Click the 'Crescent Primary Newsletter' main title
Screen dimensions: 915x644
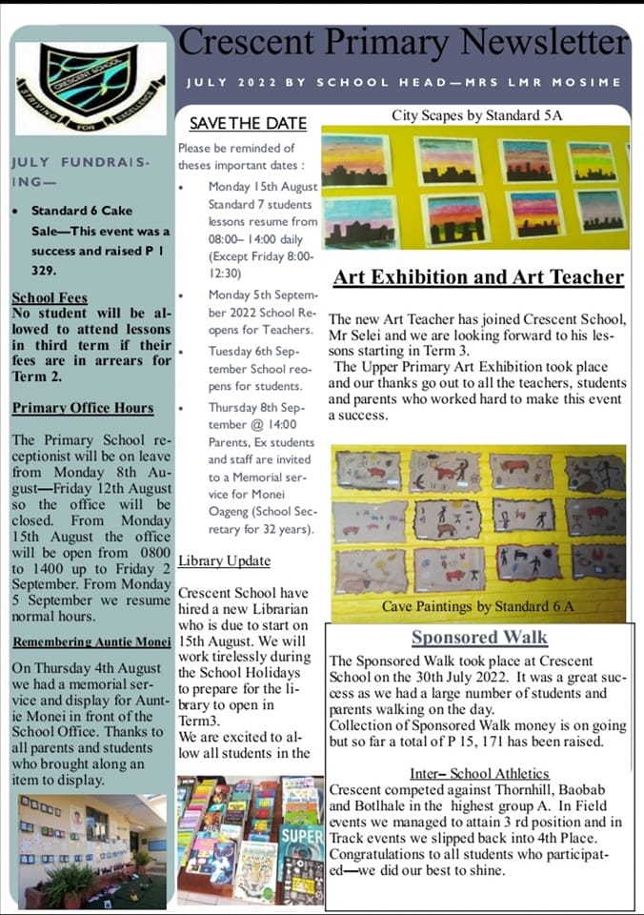pos(404,43)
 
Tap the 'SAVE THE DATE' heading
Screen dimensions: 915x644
pos(248,123)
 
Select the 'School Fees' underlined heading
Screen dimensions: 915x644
pos(50,297)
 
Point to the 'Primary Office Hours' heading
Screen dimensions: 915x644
pos(83,408)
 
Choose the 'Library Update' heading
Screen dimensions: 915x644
pos(224,560)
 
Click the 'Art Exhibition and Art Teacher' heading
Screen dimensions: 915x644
pos(478,278)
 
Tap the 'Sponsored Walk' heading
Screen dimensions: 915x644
pos(479,638)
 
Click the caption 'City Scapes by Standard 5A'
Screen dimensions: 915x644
pos(470,115)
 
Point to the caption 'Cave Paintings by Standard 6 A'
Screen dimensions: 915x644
pos(477,606)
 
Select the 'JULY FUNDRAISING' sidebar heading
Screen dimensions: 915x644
pos(80,172)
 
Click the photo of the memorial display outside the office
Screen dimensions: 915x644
pos(90,850)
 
